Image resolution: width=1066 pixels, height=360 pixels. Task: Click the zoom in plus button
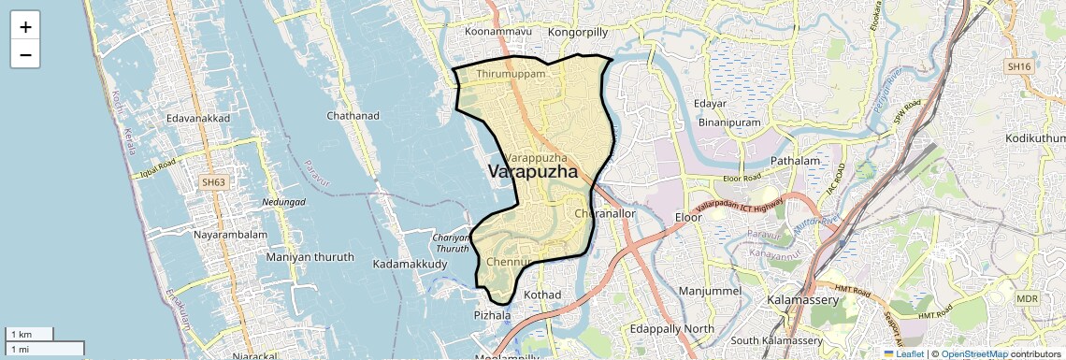(25, 26)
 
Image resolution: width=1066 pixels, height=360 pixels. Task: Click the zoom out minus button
(25, 54)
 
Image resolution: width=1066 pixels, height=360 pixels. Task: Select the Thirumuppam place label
(510, 74)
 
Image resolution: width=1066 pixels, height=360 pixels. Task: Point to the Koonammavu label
(498, 31)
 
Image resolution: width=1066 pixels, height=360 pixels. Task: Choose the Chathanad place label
(353, 116)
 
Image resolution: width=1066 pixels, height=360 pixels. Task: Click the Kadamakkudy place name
(410, 265)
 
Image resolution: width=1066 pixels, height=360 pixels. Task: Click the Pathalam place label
(795, 161)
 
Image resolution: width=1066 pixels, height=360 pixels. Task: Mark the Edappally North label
(671, 329)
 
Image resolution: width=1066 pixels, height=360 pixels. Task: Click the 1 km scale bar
(30, 335)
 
